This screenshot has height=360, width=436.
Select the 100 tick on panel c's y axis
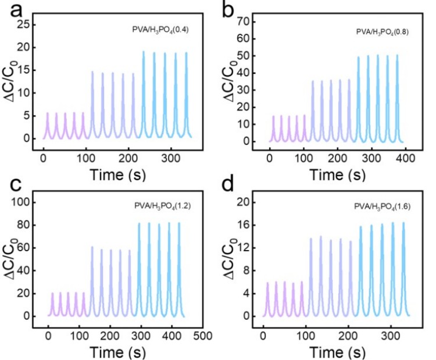pos(24,202)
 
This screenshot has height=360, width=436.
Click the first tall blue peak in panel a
pos(144,52)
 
